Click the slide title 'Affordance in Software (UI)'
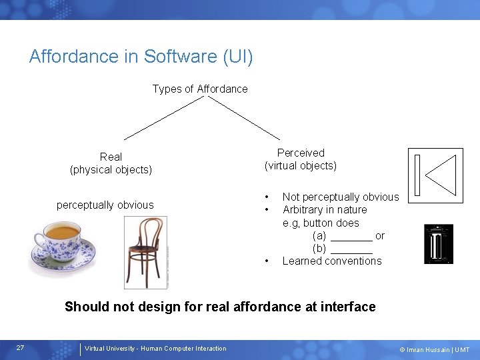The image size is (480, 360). [141, 57]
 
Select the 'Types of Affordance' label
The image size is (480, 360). [200, 89]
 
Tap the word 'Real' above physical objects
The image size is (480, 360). [111, 157]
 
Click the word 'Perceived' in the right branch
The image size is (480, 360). [301, 153]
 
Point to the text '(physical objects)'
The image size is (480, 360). [111, 170]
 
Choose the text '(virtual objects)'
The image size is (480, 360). [301, 165]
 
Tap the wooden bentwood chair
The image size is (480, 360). [145, 250]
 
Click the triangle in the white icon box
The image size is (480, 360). [442, 176]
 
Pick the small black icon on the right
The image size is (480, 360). [438, 244]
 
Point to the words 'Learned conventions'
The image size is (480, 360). [332, 261]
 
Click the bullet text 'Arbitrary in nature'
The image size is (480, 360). [325, 209]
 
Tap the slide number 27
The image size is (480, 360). [21, 348]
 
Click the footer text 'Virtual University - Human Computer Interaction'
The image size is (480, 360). [155, 349]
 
